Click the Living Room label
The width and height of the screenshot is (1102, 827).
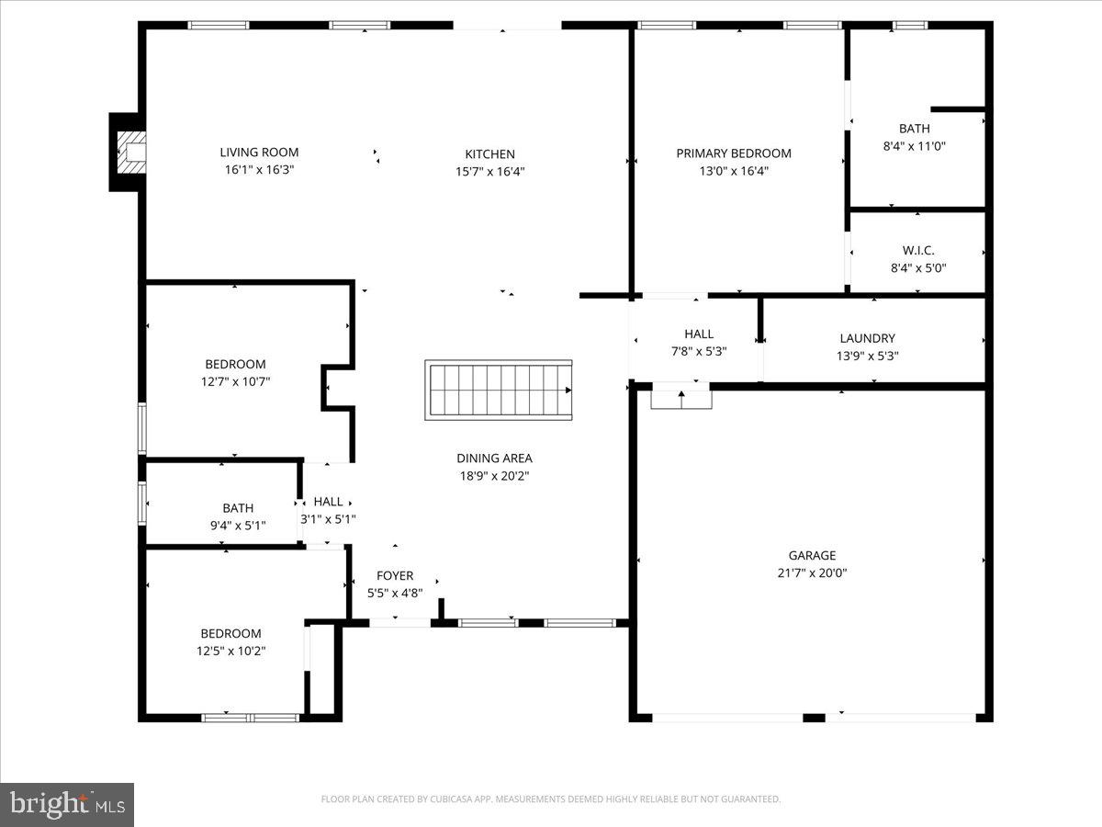259,153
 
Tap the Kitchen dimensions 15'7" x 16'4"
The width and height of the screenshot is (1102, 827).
489,171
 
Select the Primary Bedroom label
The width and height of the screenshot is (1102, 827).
734,153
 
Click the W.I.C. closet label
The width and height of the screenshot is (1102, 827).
917,250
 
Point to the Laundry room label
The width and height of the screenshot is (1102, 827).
867,338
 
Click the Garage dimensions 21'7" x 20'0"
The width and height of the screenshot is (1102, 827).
812,572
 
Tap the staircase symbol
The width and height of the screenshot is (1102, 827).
499,391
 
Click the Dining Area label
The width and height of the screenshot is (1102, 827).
494,458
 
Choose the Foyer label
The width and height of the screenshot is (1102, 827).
395,576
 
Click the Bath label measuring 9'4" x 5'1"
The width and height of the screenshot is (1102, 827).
238,508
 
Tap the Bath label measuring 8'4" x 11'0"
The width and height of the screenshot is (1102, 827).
914,129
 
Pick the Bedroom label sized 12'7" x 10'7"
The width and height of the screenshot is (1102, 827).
235,364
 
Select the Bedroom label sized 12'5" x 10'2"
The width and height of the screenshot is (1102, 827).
231,633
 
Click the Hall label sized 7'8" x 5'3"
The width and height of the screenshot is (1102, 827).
698,334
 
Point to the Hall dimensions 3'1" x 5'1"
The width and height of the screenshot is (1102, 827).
329,519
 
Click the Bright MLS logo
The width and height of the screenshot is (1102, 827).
67,805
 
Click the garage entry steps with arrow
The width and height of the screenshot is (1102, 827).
681,399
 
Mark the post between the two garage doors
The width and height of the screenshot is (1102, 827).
814,717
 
